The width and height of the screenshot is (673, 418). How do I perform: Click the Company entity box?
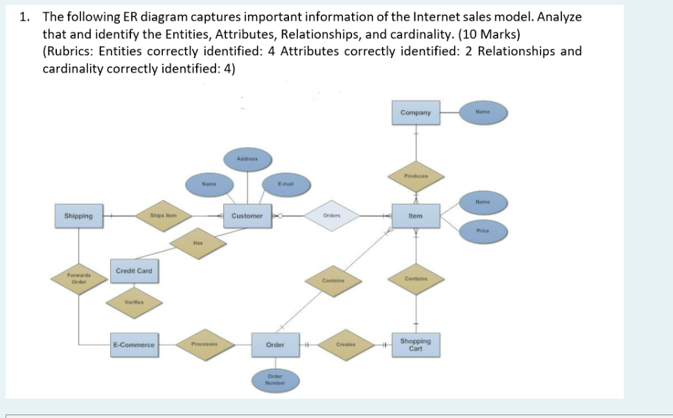(416, 113)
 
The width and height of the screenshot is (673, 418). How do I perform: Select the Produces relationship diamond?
(416, 176)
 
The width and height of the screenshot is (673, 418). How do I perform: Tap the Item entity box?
(416, 216)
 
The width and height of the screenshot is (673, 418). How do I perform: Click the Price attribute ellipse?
(483, 230)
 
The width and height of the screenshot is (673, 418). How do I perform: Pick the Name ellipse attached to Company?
(483, 112)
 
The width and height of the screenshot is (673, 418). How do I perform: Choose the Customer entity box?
(247, 216)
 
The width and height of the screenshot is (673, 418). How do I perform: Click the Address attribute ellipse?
(247, 159)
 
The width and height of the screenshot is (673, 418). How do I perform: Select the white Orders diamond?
(331, 215)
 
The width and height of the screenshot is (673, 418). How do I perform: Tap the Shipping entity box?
(78, 216)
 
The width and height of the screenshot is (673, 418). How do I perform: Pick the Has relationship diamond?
(198, 243)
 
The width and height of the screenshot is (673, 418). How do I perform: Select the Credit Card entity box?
(134, 271)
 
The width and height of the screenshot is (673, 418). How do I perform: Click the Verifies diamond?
(134, 302)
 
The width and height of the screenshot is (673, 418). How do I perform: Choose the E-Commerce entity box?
(134, 344)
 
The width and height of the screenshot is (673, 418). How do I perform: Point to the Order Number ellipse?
(275, 380)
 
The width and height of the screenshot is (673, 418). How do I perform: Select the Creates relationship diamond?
(345, 344)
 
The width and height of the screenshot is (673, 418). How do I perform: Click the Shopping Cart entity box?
(415, 344)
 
